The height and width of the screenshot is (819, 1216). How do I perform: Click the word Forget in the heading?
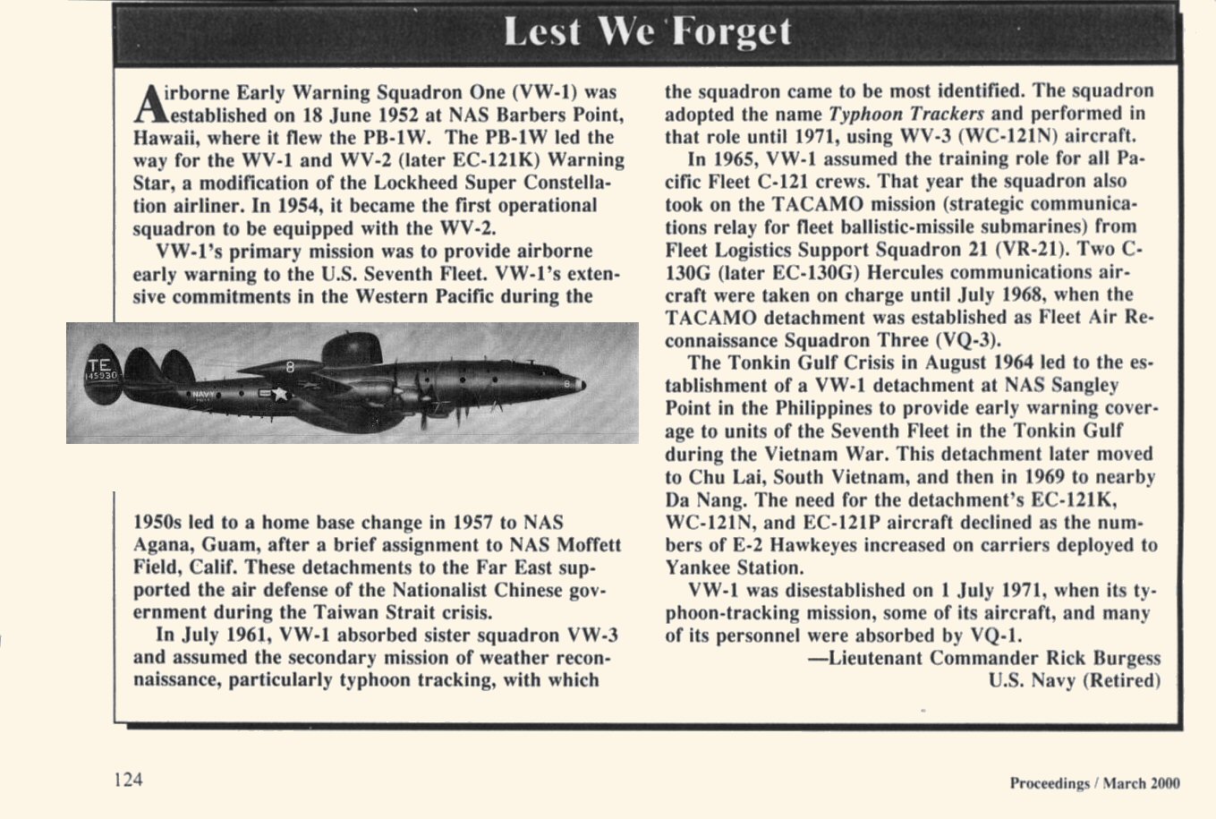tap(732, 32)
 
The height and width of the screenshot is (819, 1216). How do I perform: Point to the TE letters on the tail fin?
tap(98, 364)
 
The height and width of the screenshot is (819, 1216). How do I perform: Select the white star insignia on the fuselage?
tap(280, 393)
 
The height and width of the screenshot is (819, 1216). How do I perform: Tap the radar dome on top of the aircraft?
tap(351, 346)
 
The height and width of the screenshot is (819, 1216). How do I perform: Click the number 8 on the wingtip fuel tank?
tap(290, 366)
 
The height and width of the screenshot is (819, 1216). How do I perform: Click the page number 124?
tap(128, 779)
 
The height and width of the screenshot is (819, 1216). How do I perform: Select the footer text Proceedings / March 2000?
tap(1094, 783)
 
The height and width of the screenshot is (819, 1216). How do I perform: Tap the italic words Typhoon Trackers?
tap(906, 114)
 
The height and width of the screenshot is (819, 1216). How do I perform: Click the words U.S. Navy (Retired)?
tap(1074, 680)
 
